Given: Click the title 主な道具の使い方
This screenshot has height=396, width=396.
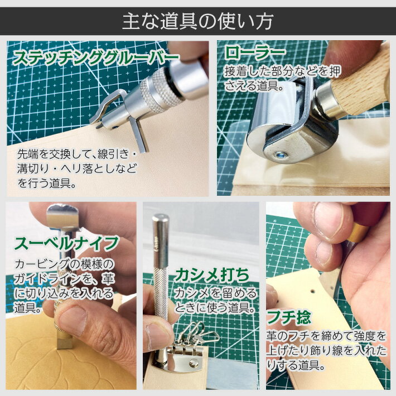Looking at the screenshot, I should tap(197, 21).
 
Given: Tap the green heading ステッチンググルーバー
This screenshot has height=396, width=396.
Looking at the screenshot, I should tap(96, 57).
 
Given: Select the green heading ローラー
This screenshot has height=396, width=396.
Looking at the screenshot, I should tap(255, 54).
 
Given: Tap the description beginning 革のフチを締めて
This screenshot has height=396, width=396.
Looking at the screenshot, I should tap(326, 351).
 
